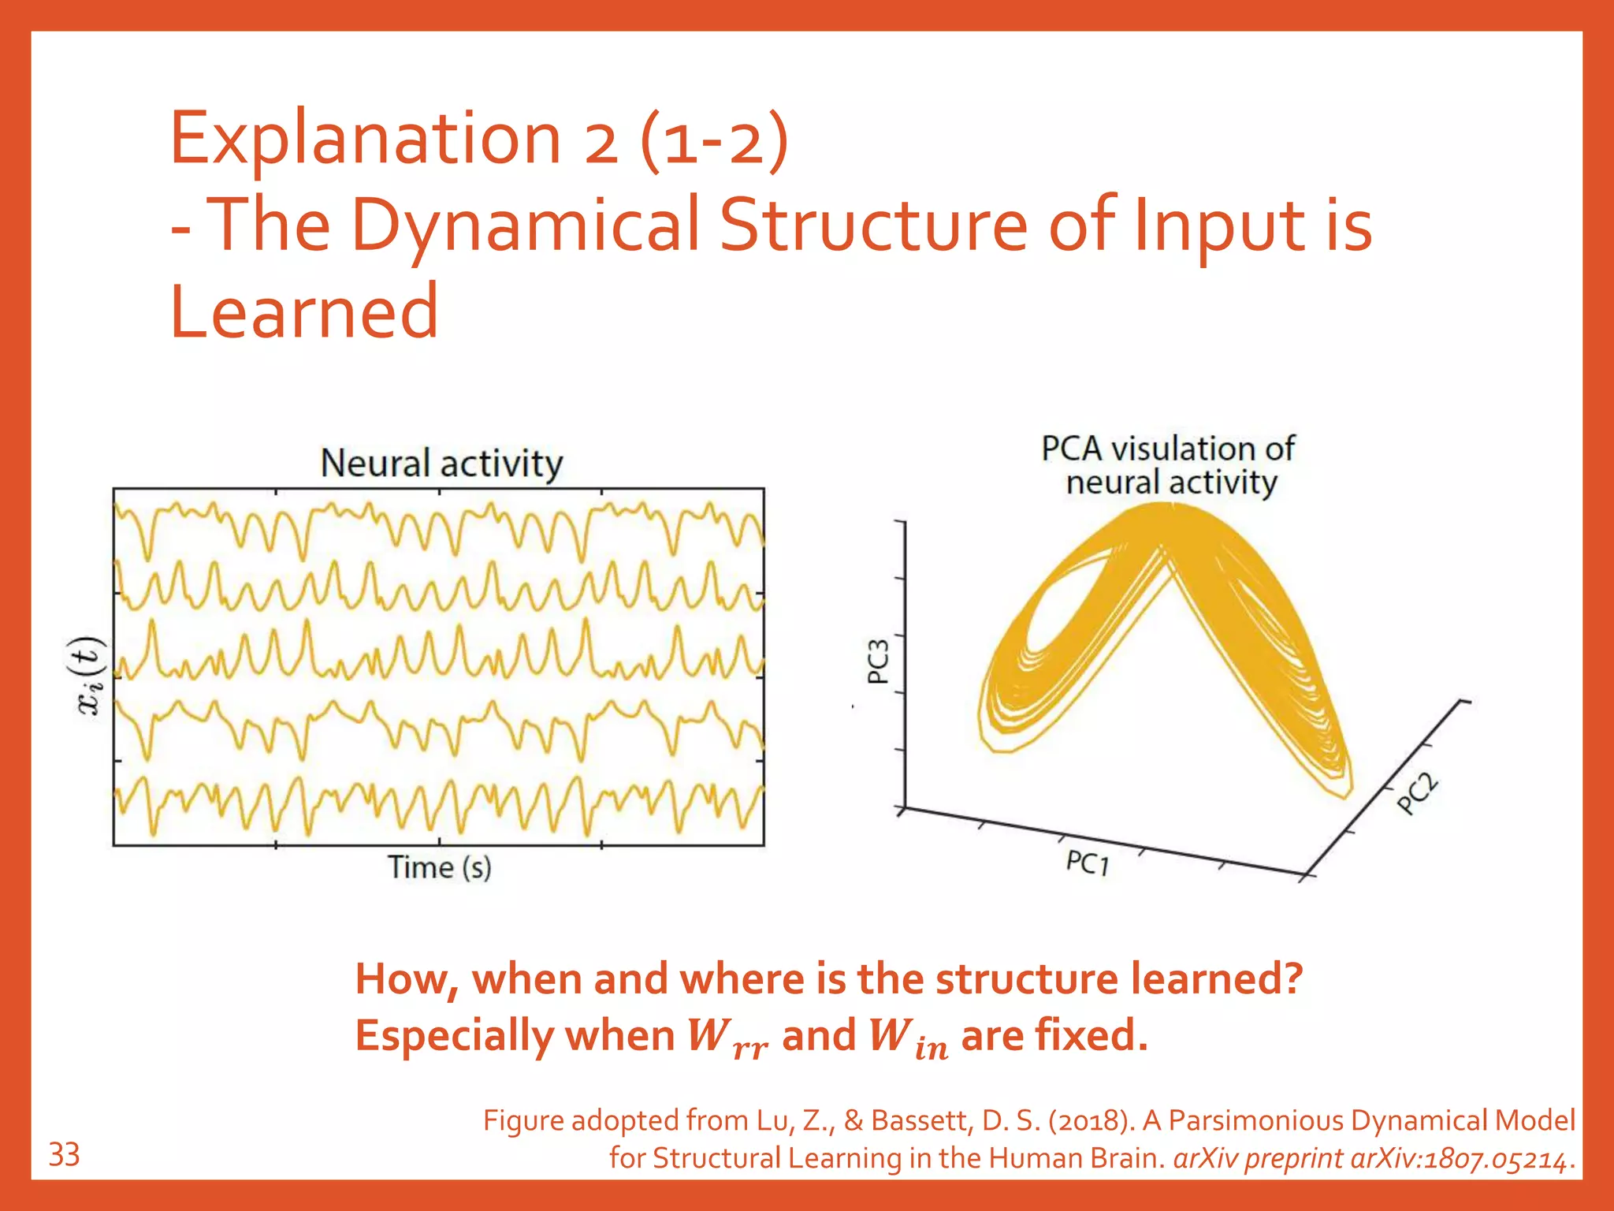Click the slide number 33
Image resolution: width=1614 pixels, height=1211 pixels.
click(x=64, y=1155)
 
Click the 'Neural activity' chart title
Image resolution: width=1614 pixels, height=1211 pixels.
click(x=441, y=463)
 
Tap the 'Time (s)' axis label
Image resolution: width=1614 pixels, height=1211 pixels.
click(x=439, y=867)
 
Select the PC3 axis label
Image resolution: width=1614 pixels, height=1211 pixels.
click(x=878, y=661)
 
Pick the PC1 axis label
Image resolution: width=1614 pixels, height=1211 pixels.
click(x=1088, y=863)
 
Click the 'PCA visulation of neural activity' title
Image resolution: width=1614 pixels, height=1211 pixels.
click(x=1169, y=465)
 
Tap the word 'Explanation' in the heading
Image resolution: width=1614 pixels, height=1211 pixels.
click(x=365, y=139)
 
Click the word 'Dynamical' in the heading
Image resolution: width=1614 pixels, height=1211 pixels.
click(x=526, y=225)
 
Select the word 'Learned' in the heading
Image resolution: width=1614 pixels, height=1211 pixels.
click(x=304, y=312)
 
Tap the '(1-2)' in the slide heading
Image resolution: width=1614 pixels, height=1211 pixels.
click(x=714, y=139)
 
